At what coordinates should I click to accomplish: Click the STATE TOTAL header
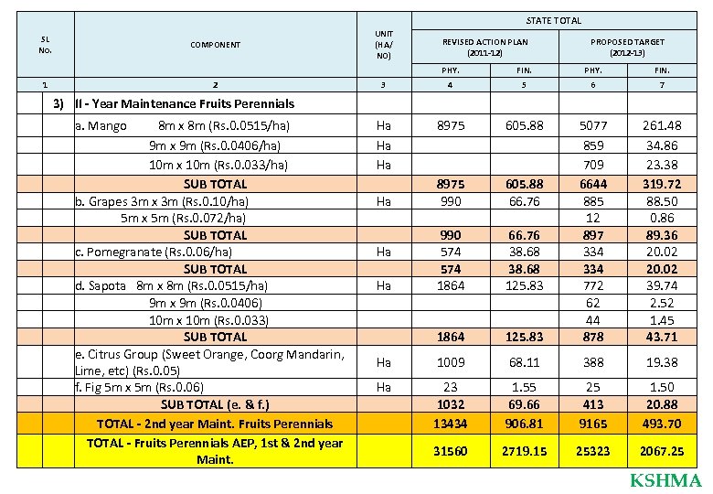click(x=554, y=20)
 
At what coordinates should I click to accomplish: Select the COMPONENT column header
click(x=216, y=45)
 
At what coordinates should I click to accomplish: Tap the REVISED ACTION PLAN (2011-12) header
click(x=484, y=47)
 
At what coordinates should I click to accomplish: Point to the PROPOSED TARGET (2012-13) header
click(x=627, y=47)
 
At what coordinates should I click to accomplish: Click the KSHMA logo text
click(x=665, y=481)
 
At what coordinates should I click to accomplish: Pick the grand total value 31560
click(x=450, y=451)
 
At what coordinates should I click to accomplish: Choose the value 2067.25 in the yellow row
click(x=662, y=451)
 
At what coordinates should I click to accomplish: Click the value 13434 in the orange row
click(x=450, y=424)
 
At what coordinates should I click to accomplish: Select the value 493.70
click(x=662, y=424)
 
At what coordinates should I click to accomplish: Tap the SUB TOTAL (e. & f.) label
click(x=216, y=404)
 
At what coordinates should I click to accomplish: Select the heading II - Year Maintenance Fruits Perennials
click(x=185, y=104)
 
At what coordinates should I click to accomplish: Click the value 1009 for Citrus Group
click(x=450, y=362)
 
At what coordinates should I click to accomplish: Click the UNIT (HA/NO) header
click(x=384, y=44)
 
